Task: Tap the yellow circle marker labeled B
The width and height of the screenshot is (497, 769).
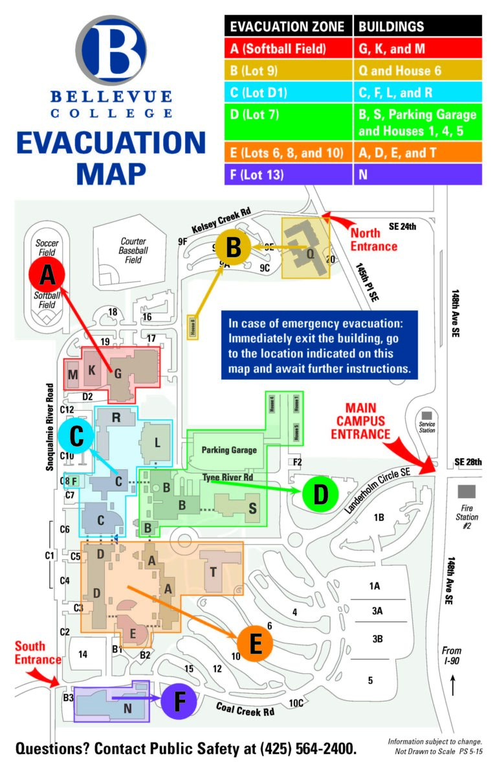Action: (234, 247)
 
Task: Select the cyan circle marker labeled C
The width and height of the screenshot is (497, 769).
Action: (77, 436)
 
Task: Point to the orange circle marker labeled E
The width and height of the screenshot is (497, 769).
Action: (255, 643)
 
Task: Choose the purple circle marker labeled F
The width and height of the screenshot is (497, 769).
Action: (179, 702)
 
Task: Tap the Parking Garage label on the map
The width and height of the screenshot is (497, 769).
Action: (228, 450)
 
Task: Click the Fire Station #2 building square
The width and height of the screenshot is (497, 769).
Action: (468, 491)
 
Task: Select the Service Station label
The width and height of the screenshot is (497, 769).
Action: (426, 428)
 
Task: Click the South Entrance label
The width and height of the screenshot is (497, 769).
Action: (38, 652)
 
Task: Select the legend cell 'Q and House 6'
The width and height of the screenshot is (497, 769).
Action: (417, 70)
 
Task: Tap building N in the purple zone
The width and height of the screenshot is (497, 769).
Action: (127, 708)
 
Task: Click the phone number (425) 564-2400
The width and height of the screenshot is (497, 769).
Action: (308, 748)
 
